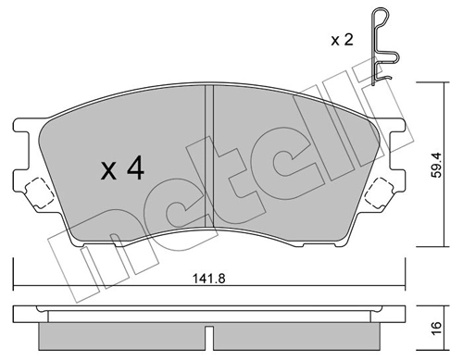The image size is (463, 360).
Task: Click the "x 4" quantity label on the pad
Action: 121,169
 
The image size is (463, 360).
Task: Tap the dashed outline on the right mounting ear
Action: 381,193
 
